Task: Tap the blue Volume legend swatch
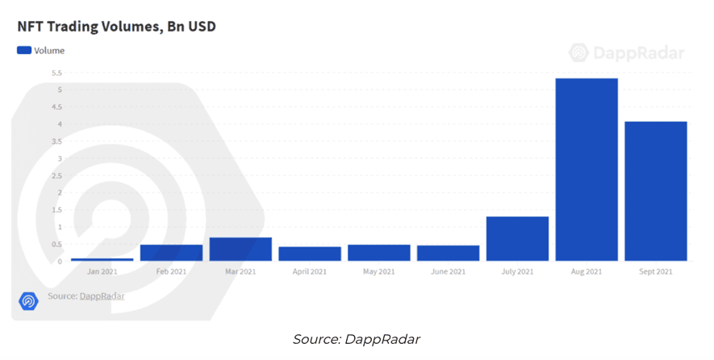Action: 24,50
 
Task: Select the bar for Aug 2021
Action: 587,170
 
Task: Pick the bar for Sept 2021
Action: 656,191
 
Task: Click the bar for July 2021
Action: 517,239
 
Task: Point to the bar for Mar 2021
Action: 240,249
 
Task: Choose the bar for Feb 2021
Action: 171,253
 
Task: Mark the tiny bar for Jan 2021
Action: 102,259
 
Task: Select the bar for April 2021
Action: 310,253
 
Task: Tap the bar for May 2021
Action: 379,253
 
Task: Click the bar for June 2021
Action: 448,253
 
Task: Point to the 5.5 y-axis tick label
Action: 56,73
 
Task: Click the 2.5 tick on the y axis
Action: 56,175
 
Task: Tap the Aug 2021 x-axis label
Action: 587,271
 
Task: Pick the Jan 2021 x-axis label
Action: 102,271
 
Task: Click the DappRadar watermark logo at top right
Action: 627,52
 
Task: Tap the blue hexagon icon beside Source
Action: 28,300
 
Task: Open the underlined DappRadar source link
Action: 102,296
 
